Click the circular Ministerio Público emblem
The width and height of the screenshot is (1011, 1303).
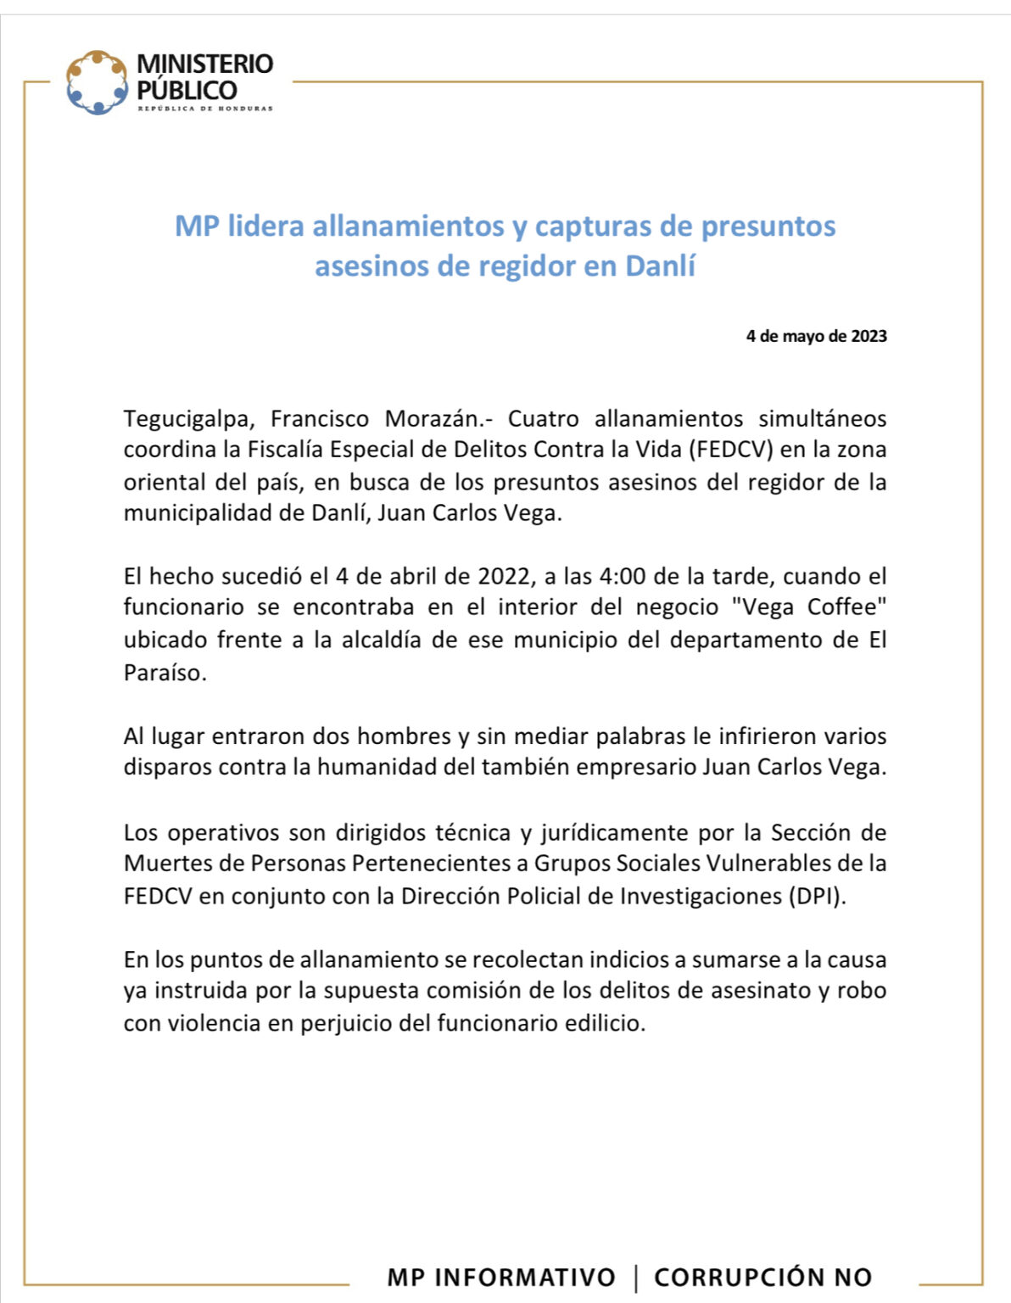pos(98,82)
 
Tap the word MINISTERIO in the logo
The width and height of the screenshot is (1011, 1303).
pos(204,64)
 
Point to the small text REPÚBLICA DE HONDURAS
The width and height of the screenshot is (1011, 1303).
pos(205,109)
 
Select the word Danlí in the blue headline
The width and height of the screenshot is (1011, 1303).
pos(660,266)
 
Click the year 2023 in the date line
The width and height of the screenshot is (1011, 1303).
pos(869,336)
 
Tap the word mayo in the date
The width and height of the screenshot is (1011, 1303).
pos(807,336)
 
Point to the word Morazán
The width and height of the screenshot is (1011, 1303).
pos(446,419)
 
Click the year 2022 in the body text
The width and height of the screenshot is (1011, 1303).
pos(504,577)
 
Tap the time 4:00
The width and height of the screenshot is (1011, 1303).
pos(623,577)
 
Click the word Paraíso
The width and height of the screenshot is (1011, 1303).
pos(165,673)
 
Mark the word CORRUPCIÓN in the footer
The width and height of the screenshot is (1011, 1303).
pos(739,1278)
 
